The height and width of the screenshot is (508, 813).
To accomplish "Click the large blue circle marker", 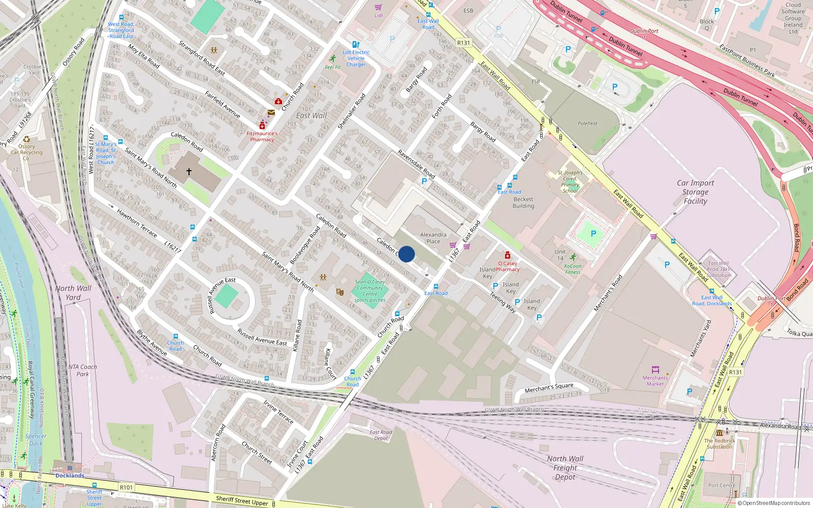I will click(x=407, y=254).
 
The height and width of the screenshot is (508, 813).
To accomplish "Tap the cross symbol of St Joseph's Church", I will click(x=189, y=172).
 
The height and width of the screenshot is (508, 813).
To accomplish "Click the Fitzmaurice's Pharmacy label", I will click(x=262, y=136).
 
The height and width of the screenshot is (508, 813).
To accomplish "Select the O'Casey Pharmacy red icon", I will click(x=507, y=256).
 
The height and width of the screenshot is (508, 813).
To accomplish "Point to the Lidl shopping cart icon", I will click(x=378, y=8).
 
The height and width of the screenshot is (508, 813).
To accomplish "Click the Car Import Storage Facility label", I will click(x=695, y=192).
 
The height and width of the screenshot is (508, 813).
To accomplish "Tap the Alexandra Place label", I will click(x=433, y=238).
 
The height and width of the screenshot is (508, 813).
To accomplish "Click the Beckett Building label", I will click(x=523, y=203).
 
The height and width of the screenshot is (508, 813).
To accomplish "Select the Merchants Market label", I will click(x=655, y=380).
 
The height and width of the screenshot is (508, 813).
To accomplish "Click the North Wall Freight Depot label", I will click(x=565, y=467).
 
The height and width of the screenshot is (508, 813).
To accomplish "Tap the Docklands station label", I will click(x=70, y=475).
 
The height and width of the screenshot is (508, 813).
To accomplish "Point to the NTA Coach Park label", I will click(x=82, y=370).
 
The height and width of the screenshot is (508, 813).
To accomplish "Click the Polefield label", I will click(x=587, y=123).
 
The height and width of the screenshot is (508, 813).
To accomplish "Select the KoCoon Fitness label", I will click(x=573, y=269).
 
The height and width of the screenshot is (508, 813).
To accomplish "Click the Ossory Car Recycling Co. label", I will click(x=26, y=152).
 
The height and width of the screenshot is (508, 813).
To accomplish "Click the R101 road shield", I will click(x=126, y=487).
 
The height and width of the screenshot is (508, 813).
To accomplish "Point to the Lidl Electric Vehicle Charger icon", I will click(x=356, y=45).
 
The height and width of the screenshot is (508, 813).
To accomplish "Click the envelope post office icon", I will click(x=271, y=112).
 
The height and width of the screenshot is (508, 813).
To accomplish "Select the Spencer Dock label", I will click(x=36, y=439).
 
